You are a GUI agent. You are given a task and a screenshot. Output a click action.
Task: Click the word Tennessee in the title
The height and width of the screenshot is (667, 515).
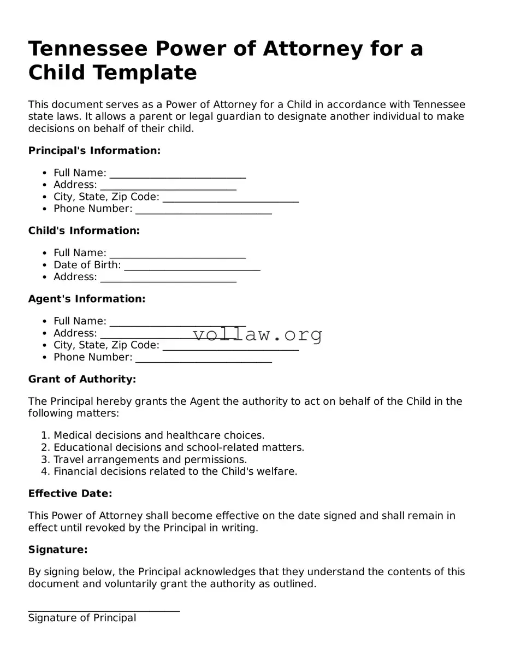pyautogui.click(x=88, y=49)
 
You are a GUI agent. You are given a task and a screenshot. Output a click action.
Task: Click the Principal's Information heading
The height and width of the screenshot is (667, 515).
pyautogui.click(x=94, y=151)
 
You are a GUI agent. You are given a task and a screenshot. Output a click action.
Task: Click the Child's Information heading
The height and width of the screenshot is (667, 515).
pyautogui.click(x=84, y=231)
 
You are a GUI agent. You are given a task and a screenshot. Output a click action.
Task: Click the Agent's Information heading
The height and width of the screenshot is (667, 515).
pyautogui.click(x=87, y=299)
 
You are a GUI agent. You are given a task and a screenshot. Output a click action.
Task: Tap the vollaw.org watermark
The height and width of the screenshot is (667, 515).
pyautogui.click(x=258, y=334)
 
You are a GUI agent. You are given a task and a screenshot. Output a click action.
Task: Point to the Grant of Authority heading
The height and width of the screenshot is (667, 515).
pyautogui.click(x=82, y=379)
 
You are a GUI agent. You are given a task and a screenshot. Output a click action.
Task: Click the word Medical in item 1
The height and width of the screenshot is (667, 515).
pyautogui.click(x=73, y=435)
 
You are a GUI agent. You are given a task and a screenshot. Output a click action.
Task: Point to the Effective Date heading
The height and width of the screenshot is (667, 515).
pyautogui.click(x=70, y=494)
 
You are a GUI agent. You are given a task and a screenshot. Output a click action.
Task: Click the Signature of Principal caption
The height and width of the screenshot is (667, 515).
pyautogui.click(x=82, y=618)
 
